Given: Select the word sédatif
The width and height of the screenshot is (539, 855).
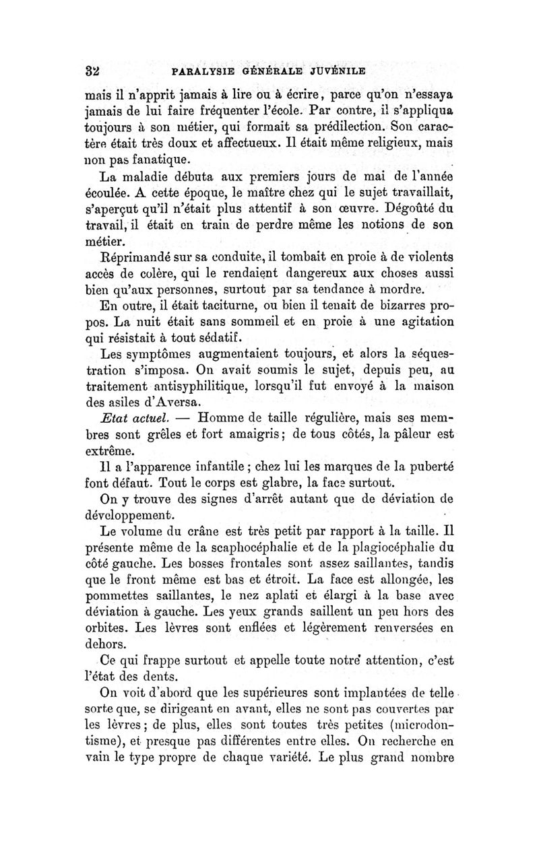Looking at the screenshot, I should tap(218, 336).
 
